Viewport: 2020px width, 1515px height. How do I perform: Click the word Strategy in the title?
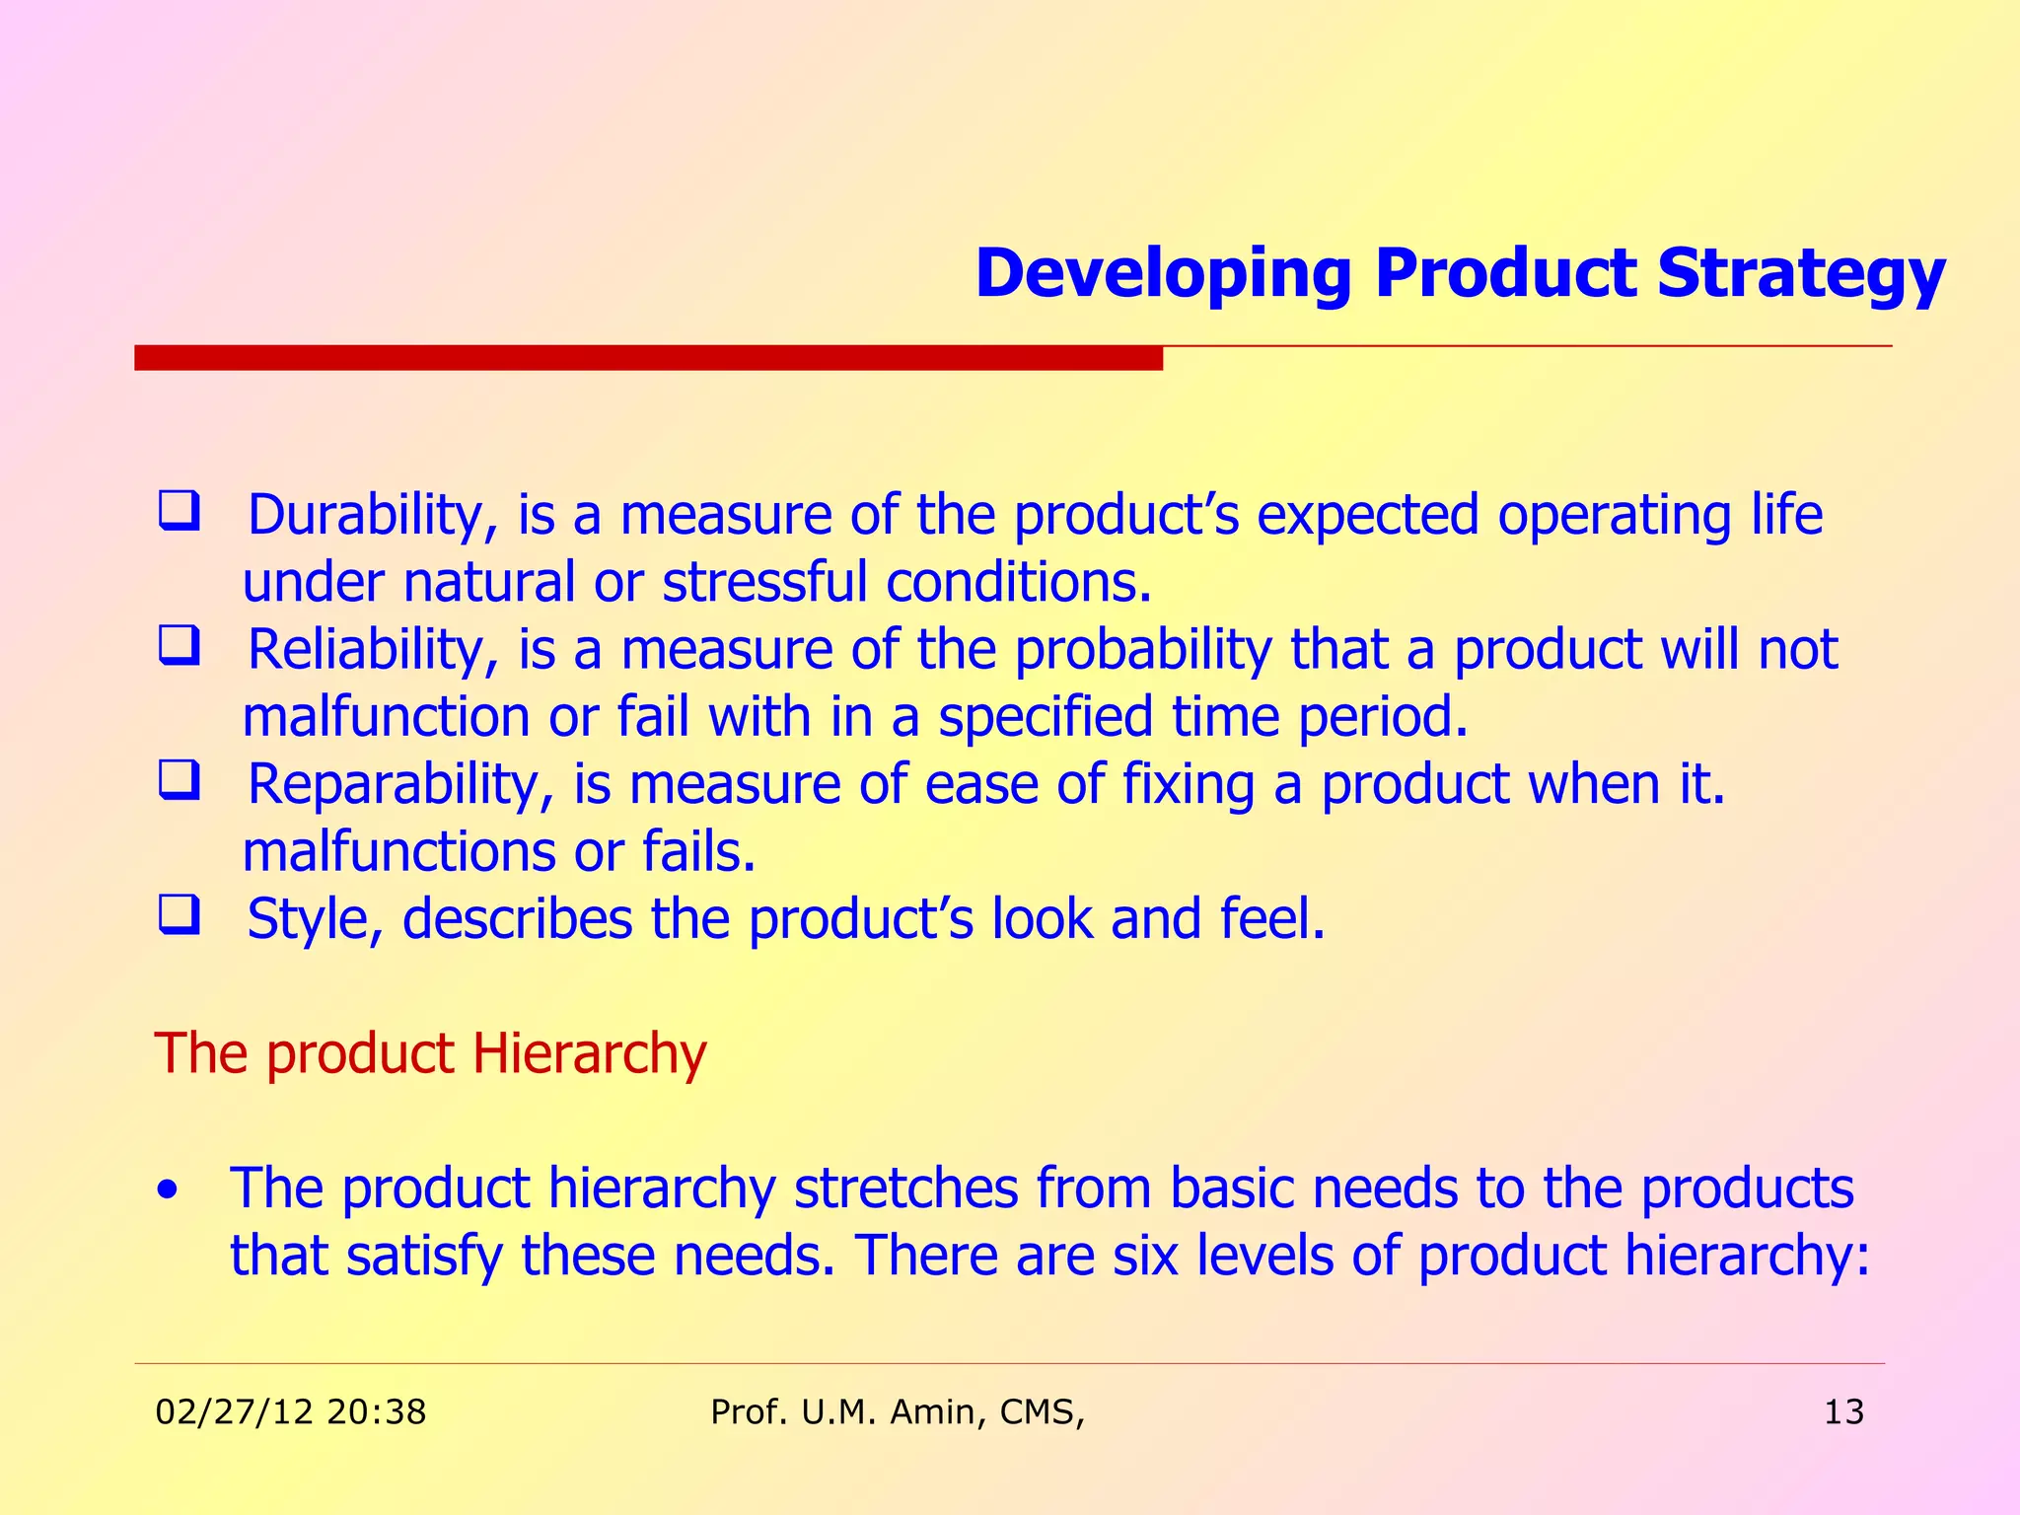click(1800, 274)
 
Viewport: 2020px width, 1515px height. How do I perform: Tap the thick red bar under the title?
click(648, 357)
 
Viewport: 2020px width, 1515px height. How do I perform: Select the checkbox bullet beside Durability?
click(180, 512)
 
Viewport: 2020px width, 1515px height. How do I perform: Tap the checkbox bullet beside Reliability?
click(180, 647)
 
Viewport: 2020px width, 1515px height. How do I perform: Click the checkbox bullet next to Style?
click(180, 915)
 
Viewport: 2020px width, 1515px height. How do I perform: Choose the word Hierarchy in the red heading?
click(589, 1053)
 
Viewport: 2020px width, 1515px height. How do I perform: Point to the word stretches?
click(905, 1189)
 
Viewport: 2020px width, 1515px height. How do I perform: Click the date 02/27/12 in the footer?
click(235, 1412)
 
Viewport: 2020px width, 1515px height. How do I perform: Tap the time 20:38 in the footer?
click(376, 1412)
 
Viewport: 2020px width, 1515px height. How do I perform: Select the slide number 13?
click(1843, 1412)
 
